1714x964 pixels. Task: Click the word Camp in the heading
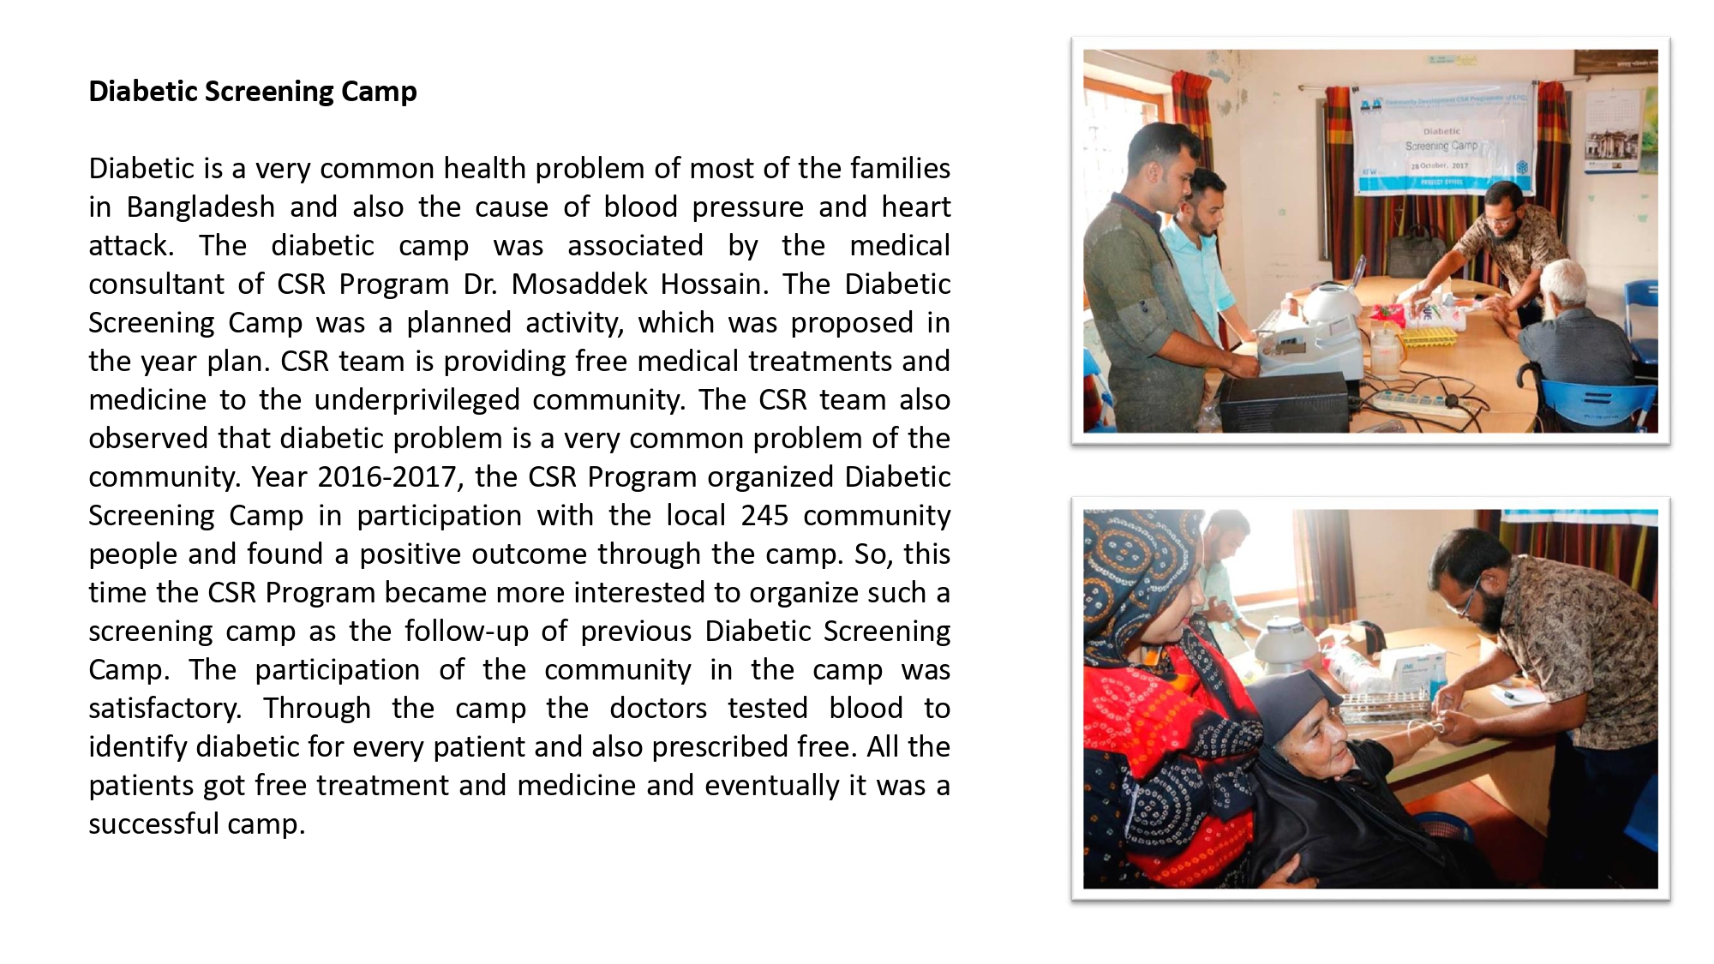379,92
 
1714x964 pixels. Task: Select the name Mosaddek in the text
578,284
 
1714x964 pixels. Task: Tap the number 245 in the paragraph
764,516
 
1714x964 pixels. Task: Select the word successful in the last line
154,824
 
